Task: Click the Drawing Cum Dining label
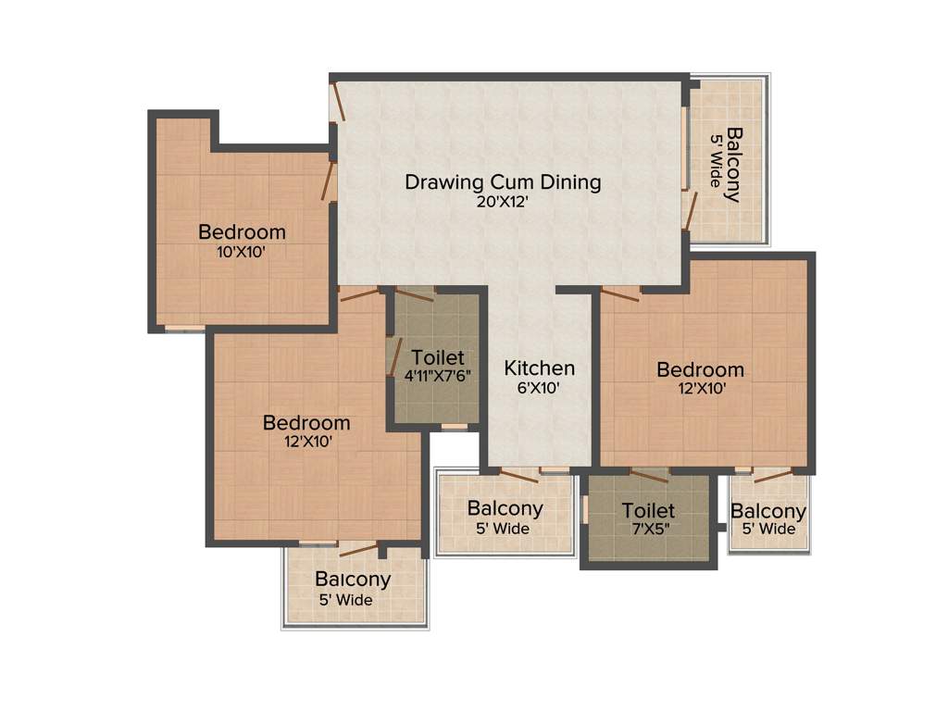pos(503,181)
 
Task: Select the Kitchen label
pos(539,368)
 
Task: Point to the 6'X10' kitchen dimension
pos(539,389)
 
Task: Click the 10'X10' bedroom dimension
pos(242,251)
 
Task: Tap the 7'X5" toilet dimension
pos(648,530)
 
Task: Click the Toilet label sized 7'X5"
pos(648,510)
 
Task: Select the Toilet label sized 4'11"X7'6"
pos(438,357)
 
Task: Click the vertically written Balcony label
pos(733,164)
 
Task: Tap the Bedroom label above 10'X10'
pos(242,231)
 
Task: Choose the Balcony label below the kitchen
pos(505,508)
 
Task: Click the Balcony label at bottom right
pos(768,511)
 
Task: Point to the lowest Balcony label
pos(353,580)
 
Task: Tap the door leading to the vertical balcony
pos(689,209)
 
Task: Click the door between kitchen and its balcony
pos(518,475)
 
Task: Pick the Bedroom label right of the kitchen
pos(700,369)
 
